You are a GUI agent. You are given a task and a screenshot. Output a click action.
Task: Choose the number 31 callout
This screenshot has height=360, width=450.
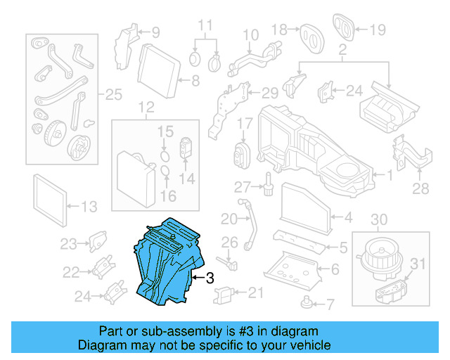click(418, 264)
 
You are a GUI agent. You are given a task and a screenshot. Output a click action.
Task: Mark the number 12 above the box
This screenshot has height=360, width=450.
click(146, 108)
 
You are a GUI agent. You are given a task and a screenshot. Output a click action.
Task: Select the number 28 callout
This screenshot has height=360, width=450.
click(420, 188)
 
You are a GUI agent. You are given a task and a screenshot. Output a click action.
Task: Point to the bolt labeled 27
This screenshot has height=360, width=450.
click(269, 184)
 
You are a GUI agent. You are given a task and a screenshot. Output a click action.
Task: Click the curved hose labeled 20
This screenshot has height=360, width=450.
click(250, 225)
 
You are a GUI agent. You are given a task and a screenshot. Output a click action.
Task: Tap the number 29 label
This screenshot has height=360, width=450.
click(271, 92)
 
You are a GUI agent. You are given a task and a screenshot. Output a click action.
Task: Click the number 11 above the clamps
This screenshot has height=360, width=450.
click(205, 25)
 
